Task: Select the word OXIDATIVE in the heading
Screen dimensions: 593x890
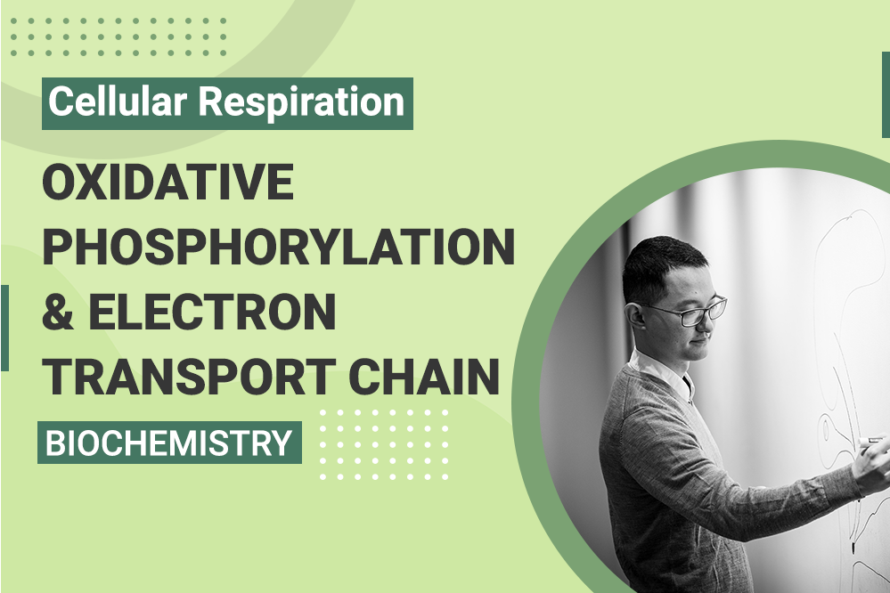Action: [x=168, y=182]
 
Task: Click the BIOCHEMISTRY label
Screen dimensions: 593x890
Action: [x=169, y=443]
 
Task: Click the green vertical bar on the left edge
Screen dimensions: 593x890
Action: [x=4, y=328]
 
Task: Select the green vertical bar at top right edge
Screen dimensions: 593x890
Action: [x=886, y=94]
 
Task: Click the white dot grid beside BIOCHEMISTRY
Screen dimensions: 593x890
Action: [x=384, y=444]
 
